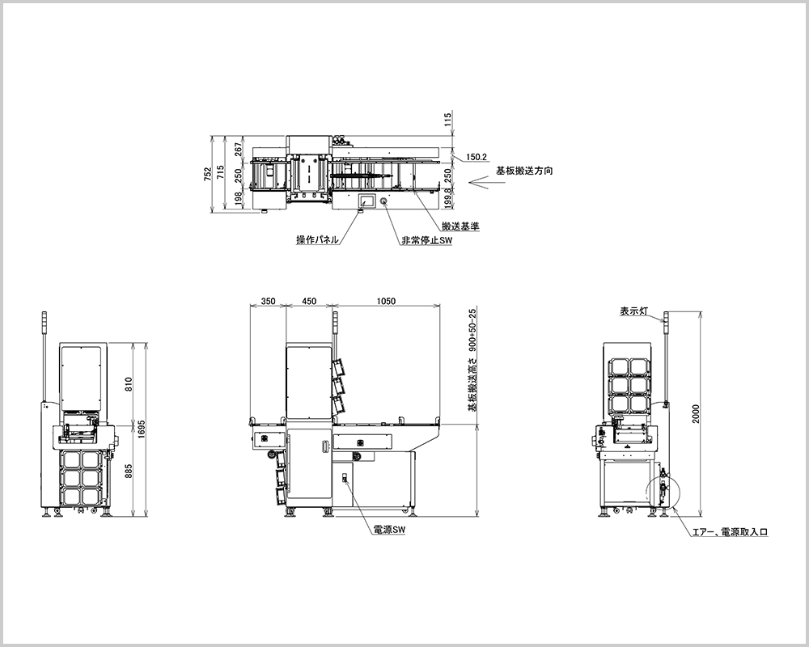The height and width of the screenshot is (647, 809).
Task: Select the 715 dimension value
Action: (x=221, y=172)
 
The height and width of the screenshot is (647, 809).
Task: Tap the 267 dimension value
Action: (x=239, y=149)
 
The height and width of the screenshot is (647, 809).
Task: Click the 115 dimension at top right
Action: (x=448, y=121)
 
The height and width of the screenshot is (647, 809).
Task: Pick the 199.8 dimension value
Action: (x=448, y=197)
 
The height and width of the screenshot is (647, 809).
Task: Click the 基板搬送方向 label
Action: (x=524, y=171)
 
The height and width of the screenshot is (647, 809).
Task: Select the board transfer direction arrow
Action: (x=479, y=182)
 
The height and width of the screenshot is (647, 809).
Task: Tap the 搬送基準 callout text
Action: (x=460, y=226)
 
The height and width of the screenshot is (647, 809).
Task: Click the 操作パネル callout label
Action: (x=317, y=239)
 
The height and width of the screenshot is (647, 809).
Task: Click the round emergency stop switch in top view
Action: (x=385, y=201)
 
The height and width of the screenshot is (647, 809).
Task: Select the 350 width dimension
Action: (x=269, y=302)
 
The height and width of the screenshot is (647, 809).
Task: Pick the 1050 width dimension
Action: (x=387, y=302)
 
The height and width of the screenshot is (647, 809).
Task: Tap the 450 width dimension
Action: (x=309, y=302)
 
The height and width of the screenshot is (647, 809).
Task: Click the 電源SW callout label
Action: (x=389, y=530)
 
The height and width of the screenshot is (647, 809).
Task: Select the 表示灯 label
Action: (x=633, y=311)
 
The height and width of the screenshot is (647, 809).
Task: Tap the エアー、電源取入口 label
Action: (x=730, y=532)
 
